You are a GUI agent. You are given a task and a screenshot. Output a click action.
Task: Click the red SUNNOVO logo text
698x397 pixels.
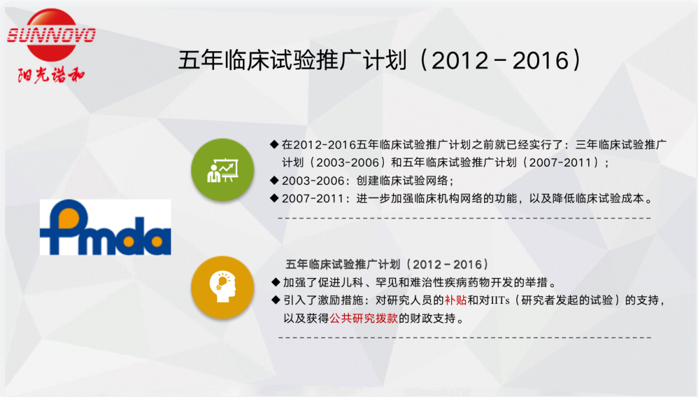pos(51,35)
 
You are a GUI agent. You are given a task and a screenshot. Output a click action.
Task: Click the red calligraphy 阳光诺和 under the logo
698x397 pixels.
pos(51,75)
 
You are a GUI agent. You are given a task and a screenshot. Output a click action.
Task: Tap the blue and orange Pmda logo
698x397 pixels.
pos(105,227)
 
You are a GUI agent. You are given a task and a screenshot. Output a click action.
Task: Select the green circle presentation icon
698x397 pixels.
pos(222,170)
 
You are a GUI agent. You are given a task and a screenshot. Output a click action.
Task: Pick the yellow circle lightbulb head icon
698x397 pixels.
pos(222,287)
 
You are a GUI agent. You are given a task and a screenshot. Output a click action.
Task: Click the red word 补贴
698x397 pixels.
pos(456,300)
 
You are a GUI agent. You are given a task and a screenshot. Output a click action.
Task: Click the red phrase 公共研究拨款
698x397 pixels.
pos(364,318)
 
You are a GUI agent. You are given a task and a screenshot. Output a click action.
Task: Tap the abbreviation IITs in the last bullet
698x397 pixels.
pos(500,300)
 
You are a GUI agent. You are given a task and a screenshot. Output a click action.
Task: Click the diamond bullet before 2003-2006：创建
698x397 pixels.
pos(274,180)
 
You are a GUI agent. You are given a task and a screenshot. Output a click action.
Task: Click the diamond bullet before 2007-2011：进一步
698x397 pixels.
pos(274,198)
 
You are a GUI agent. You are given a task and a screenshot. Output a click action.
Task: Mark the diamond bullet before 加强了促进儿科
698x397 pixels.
pos(275,282)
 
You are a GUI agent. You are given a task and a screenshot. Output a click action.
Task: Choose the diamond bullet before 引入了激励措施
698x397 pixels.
pos(275,300)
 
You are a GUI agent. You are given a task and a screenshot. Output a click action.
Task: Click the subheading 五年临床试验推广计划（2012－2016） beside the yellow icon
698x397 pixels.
pos(387,264)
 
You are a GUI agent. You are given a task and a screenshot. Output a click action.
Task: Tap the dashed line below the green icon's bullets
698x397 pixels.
pos(464,219)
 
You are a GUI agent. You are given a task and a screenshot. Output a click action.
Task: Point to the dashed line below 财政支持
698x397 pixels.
pos(465,338)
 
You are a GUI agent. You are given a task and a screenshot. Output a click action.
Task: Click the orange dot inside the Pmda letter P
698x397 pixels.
pos(69,217)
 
